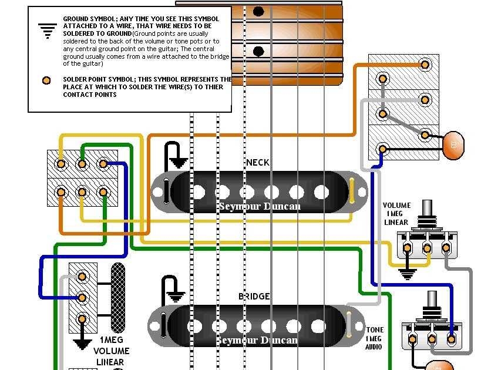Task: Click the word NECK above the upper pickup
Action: tap(258, 162)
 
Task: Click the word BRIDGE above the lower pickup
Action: tap(254, 297)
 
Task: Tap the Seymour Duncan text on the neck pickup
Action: tap(259, 206)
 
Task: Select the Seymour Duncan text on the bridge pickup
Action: tap(257, 340)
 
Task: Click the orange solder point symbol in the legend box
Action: tap(45, 80)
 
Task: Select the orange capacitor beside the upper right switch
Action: tap(452, 145)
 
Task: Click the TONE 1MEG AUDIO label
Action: tap(375, 338)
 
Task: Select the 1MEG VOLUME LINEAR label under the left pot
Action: tap(112, 351)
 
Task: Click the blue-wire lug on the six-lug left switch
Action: tap(103, 164)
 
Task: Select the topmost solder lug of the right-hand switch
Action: tap(383, 78)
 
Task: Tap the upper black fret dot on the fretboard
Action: tap(258, 11)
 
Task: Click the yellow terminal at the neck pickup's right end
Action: tap(351, 191)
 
